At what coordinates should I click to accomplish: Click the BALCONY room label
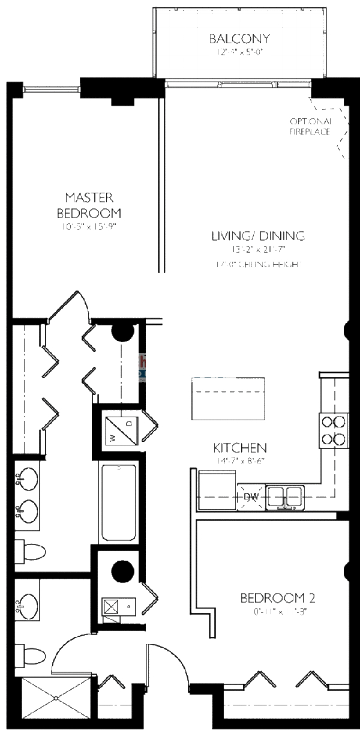point(239,39)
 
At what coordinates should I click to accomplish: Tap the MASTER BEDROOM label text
point(89,205)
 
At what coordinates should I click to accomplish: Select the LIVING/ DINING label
point(258,236)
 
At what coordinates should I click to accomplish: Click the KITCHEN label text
point(240,448)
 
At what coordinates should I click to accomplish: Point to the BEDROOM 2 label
point(278,598)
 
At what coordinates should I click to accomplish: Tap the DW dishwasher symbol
point(251,496)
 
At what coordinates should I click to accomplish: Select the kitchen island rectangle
point(228,399)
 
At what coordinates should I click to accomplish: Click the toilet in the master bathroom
point(31,552)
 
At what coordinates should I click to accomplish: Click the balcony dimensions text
point(239,52)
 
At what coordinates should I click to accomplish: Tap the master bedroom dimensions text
point(89,227)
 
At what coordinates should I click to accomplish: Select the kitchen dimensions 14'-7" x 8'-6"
point(240,461)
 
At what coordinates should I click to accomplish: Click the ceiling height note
point(258,264)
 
